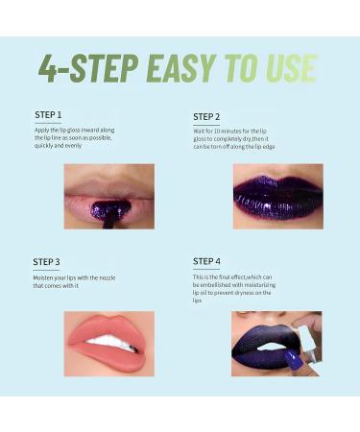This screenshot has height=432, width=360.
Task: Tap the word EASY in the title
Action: [x=181, y=68]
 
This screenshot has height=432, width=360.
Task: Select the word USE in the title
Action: [x=285, y=68]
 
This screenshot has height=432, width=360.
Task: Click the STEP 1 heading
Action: [x=48, y=115]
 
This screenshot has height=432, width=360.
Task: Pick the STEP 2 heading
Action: [x=206, y=115]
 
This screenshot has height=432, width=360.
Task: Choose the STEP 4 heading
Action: [x=206, y=261]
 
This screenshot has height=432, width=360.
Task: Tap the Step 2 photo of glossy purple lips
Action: [x=276, y=195]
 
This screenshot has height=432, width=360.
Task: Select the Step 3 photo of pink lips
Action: [x=108, y=343]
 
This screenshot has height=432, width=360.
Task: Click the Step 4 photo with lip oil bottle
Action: [x=276, y=343]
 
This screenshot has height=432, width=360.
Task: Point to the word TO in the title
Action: [x=240, y=68]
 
